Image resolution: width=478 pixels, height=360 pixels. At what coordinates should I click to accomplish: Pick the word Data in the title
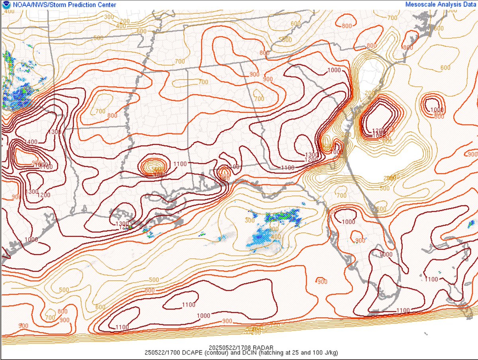pyautogui.click(x=469, y=4)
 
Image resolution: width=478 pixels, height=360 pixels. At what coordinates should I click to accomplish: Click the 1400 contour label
pyautogui.click(x=31, y=142)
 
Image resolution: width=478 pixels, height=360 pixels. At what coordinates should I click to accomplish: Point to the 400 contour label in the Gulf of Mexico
pyautogui.click(x=276, y=237)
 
